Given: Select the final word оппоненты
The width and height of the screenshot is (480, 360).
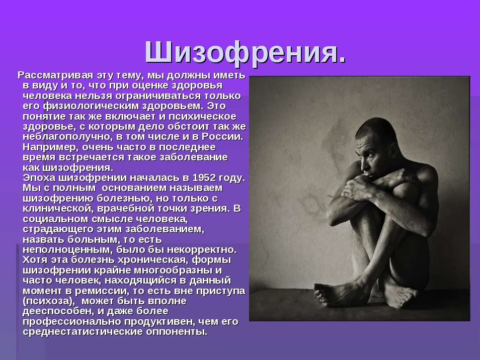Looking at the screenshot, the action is coord(177,331).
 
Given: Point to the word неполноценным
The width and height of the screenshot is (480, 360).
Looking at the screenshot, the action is coord(67,249).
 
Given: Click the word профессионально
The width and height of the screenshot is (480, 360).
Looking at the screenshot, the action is coord(72,322).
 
